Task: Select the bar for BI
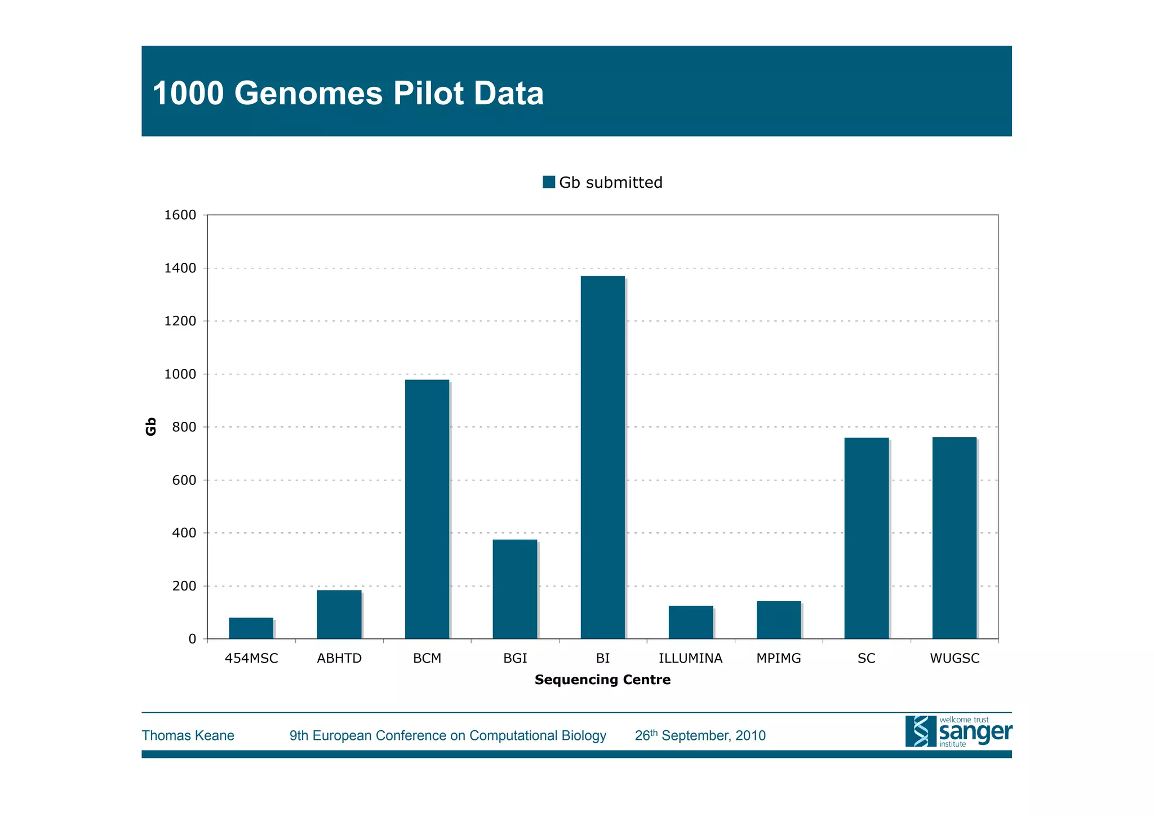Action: coord(602,457)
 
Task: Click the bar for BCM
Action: coord(427,509)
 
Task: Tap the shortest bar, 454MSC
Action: coord(251,628)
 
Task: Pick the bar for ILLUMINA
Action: coord(690,622)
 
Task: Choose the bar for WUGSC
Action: coord(954,537)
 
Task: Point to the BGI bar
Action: coord(514,589)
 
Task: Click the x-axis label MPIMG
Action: coord(778,658)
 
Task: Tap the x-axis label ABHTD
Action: coord(339,658)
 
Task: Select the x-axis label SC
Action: coord(866,658)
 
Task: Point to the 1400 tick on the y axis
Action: coord(180,268)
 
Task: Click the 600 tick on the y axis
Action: coord(184,480)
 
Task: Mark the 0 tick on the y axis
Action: coord(192,639)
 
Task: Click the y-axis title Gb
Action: coord(150,426)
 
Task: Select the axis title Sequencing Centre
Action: coord(602,680)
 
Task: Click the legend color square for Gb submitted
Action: coord(548,182)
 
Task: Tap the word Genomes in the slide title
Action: coord(308,93)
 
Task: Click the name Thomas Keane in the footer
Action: coord(188,735)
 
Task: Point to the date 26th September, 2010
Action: coord(700,735)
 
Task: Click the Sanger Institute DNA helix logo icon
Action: coord(920,731)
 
